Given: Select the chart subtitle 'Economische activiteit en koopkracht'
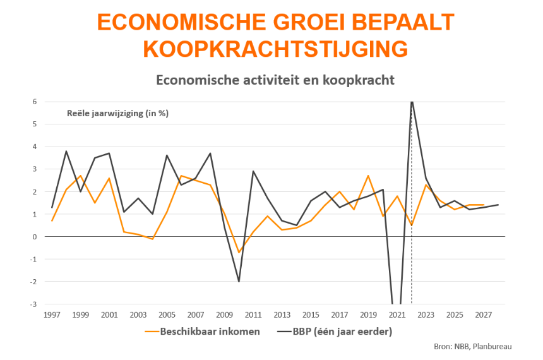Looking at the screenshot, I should click(275, 80).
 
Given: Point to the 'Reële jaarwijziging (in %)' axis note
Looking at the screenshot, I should click(117, 114).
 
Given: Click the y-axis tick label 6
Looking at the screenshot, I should click(35, 102).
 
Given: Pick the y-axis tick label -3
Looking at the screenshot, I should click(34, 304).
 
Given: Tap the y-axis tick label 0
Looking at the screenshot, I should click(35, 237).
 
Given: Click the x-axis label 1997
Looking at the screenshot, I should click(52, 315).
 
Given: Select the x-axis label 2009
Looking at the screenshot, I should click(224, 315).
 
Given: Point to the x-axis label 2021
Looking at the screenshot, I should click(397, 315).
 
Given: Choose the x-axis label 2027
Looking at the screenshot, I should click(483, 315).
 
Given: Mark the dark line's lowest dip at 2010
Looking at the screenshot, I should click(239, 282).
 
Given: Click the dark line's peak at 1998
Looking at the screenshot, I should click(66, 151).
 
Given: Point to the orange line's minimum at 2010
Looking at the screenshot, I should click(239, 253).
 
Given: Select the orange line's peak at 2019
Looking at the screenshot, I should click(368, 176).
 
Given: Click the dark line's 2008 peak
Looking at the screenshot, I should click(210, 153).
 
